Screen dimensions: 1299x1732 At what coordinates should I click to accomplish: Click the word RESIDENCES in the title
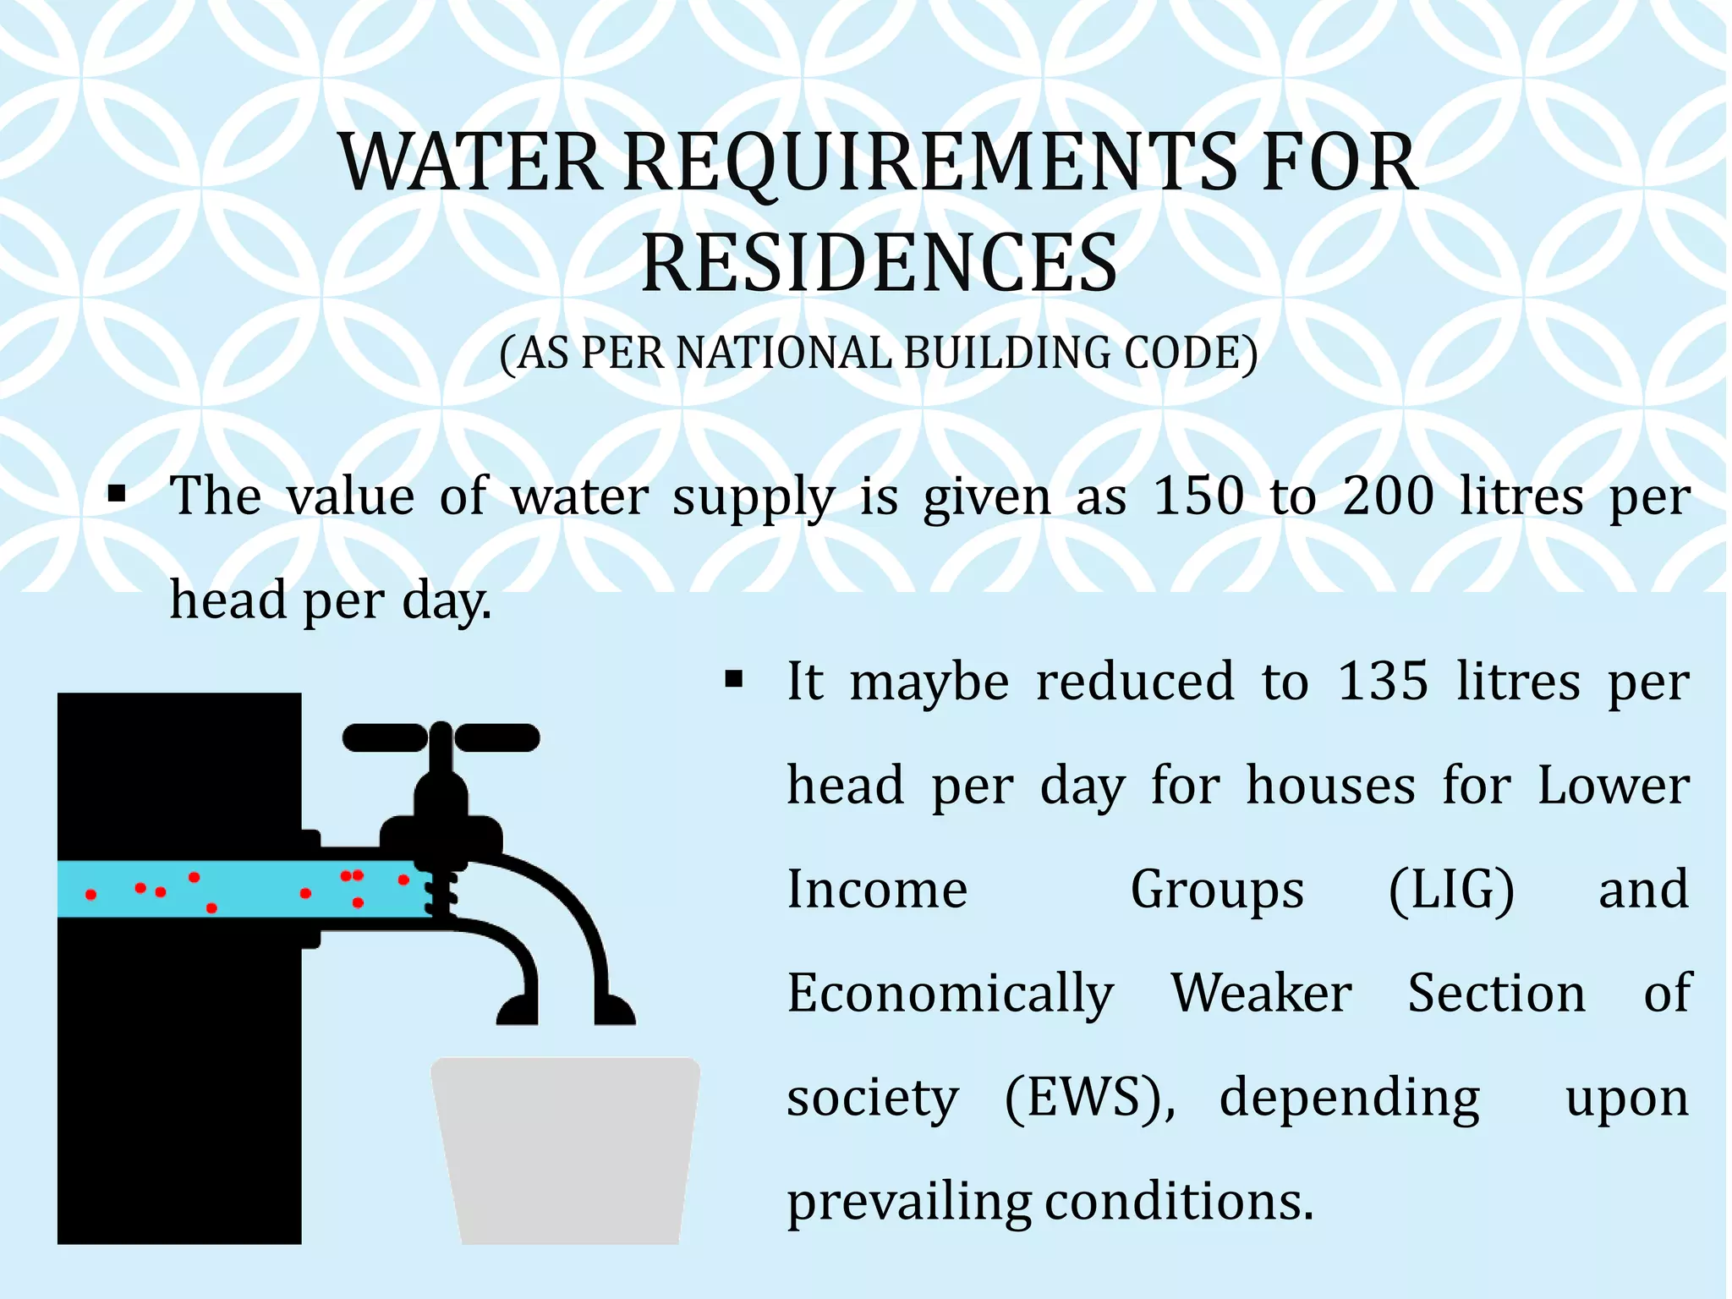(880, 263)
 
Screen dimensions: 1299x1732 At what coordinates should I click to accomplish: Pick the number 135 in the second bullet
(1383, 682)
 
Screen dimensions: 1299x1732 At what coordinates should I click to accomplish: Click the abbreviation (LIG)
(1451, 890)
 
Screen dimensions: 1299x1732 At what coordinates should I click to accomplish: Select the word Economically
(951, 995)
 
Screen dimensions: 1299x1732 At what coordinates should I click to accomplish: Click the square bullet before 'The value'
(118, 493)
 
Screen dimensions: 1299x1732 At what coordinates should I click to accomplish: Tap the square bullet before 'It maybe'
(733, 679)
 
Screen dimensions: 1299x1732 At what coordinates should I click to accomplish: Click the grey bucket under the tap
(566, 1150)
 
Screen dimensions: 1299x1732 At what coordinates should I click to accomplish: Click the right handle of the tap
(497, 737)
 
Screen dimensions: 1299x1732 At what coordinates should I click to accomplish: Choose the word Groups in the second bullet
(1217, 891)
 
